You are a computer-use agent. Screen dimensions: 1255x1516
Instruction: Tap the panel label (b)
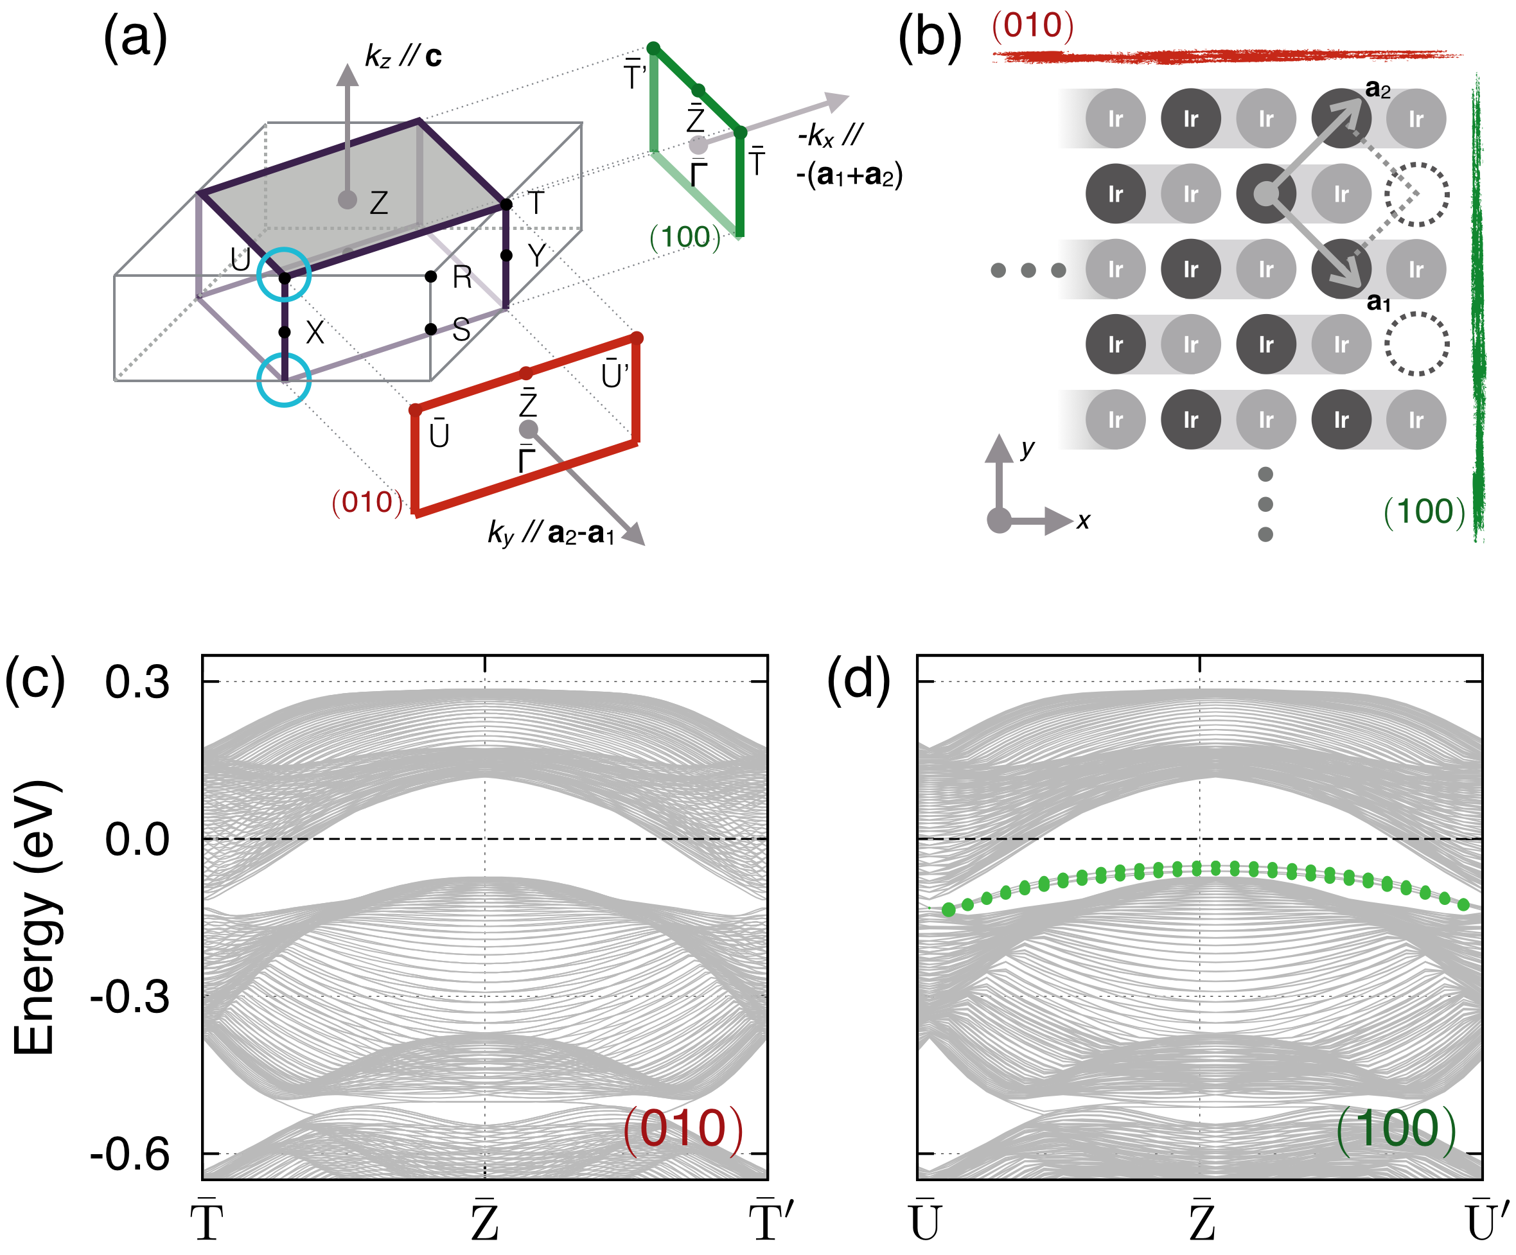(x=929, y=39)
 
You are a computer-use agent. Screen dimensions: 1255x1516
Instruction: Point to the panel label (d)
(x=858, y=680)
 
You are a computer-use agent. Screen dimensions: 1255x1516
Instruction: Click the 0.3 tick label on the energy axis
(x=137, y=682)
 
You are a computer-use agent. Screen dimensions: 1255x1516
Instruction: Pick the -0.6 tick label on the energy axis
(x=130, y=1155)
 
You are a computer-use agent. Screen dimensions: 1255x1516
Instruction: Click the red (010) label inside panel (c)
(x=682, y=1128)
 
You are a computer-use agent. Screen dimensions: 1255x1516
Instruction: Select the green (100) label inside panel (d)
(x=1395, y=1128)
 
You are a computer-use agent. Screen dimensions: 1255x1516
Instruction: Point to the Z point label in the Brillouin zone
(x=378, y=203)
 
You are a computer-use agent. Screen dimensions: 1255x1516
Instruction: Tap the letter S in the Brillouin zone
(x=461, y=330)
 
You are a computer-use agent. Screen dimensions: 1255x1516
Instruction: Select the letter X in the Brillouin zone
(x=315, y=333)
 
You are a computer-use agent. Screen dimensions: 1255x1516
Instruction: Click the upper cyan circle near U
(x=285, y=274)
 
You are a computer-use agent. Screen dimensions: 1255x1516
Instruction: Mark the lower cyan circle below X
(x=285, y=380)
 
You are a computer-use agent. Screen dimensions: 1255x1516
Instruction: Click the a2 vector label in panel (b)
(x=1377, y=89)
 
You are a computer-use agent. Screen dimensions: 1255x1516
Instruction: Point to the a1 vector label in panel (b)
(x=1378, y=302)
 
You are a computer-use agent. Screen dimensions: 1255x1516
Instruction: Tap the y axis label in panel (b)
(x=1027, y=448)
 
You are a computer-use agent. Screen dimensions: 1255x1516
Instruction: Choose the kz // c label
(x=403, y=57)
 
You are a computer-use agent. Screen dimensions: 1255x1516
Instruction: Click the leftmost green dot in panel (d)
(x=949, y=910)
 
